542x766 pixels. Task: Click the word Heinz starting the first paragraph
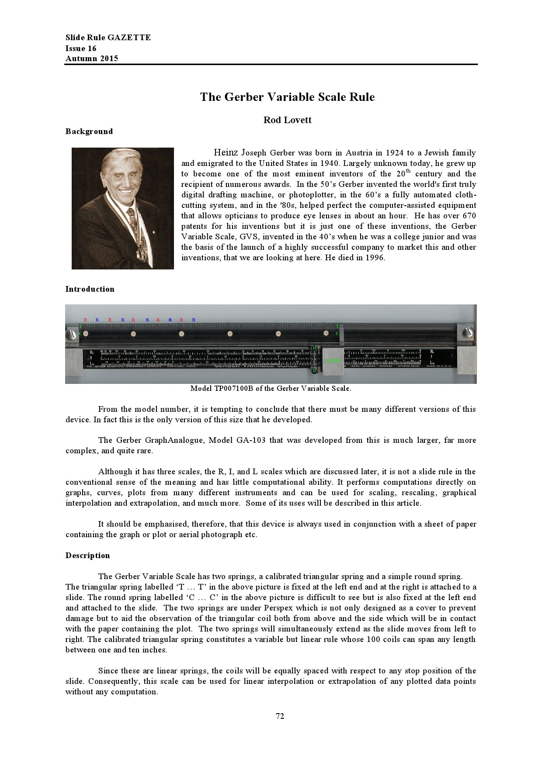[226, 152]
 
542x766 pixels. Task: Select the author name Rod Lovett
[287, 120]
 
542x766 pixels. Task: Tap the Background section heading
[89, 131]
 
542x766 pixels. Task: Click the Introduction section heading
[90, 289]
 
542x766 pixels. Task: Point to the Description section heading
[88, 556]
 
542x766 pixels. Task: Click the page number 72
[280, 716]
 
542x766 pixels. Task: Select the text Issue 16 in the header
[81, 48]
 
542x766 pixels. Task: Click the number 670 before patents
[469, 216]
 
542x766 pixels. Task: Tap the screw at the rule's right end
[467, 332]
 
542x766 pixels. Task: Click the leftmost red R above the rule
[86, 320]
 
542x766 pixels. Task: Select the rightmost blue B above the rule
[193, 320]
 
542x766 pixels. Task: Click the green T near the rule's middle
[337, 326]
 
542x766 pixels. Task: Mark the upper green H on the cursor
[314, 348]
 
